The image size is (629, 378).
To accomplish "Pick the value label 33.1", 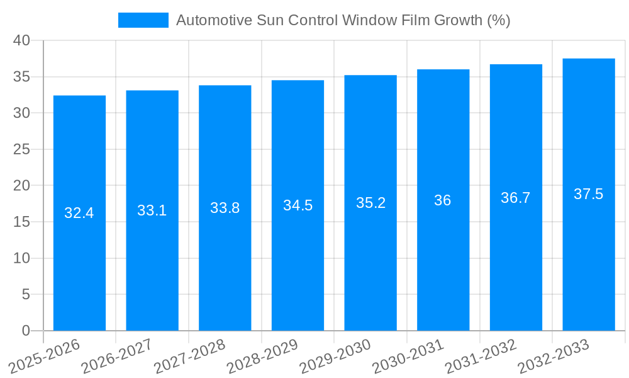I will click(x=152, y=210).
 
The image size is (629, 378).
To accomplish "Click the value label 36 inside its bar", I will click(x=443, y=200).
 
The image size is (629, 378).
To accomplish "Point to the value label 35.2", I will click(x=370, y=203).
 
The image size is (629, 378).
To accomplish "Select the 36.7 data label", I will click(x=516, y=198).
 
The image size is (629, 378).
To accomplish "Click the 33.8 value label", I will click(x=225, y=208).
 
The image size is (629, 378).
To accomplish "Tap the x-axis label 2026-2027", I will click(x=117, y=356).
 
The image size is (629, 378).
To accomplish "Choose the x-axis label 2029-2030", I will click(x=335, y=356).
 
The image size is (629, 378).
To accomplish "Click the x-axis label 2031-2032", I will click(x=481, y=356).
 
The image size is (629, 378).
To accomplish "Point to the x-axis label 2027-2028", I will click(x=190, y=356).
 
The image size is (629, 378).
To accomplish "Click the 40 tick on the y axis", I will click(x=21, y=40).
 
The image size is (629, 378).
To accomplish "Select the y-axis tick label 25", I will click(x=21, y=149).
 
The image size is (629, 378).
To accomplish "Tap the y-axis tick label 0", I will click(x=26, y=331).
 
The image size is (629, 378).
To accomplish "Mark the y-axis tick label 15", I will click(x=21, y=222).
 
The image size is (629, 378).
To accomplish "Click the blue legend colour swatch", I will click(x=143, y=20).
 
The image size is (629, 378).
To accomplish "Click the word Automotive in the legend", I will click(x=214, y=20).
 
